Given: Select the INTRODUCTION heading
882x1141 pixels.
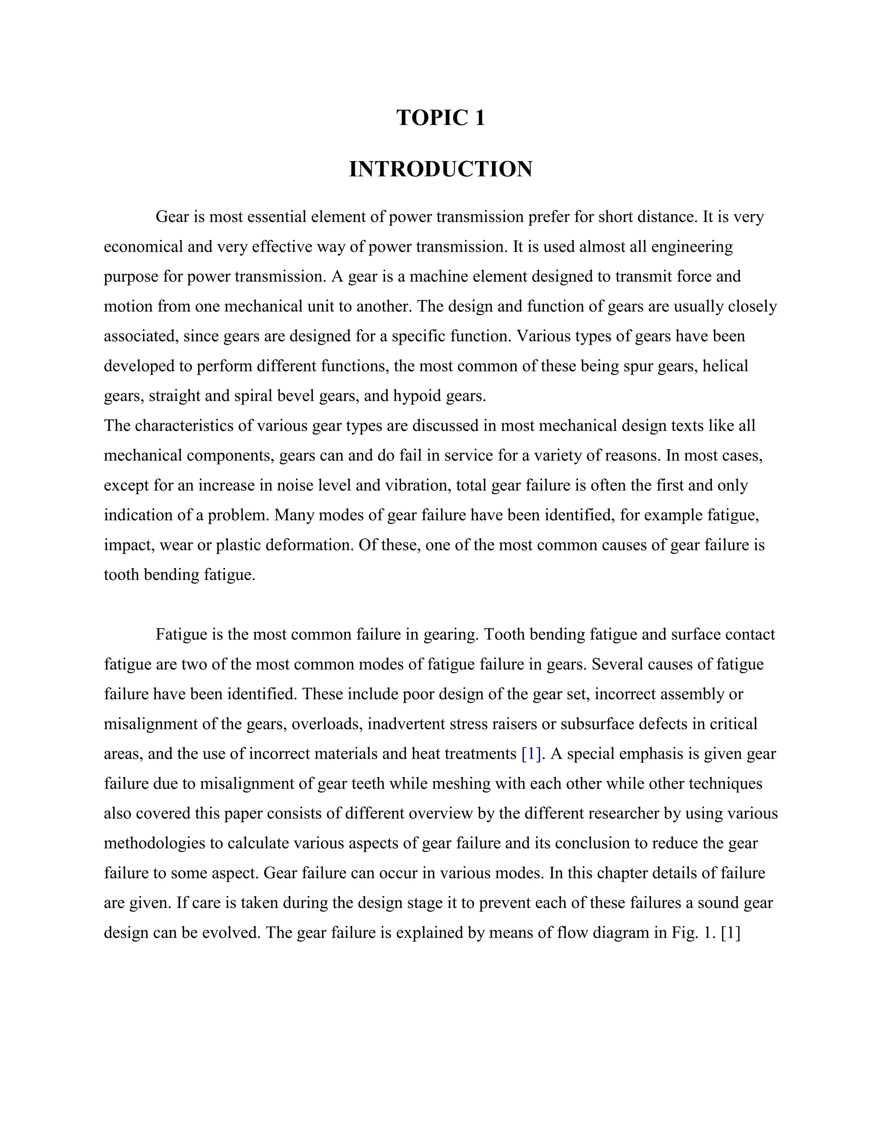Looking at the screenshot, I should pos(441,169).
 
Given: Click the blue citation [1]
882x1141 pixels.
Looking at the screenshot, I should pos(531,754).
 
